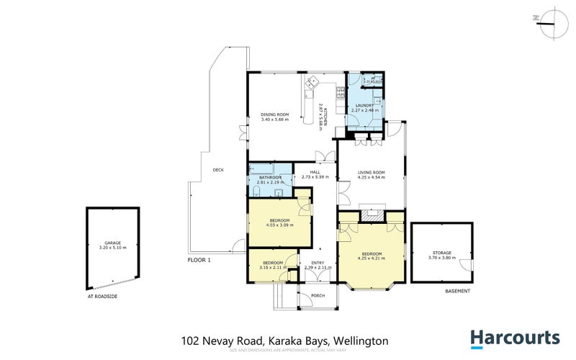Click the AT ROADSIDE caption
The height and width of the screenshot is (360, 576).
point(102,295)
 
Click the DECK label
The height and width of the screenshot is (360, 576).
point(218,170)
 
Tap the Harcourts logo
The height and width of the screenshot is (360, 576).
point(515,338)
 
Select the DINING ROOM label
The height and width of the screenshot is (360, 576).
point(274,114)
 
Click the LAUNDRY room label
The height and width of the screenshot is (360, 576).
point(365,106)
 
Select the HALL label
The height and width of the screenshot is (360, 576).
point(315,172)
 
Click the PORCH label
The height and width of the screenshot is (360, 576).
point(318,296)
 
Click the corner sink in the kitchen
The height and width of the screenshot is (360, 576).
point(312,84)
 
